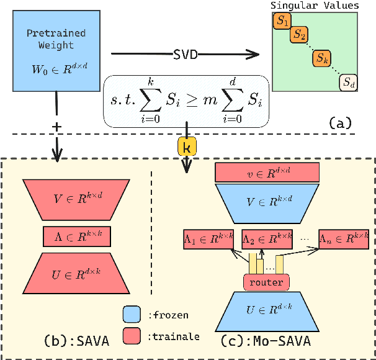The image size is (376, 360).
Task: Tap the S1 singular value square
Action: tap(282, 22)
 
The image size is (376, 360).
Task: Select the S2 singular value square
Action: tap(299, 35)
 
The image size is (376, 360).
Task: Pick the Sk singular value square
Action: tap(320, 58)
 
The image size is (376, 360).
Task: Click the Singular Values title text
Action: tap(315, 6)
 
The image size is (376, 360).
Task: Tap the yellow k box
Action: tap(187, 147)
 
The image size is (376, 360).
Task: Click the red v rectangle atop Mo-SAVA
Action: tap(267, 172)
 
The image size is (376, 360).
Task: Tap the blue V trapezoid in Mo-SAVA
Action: tap(267, 201)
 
